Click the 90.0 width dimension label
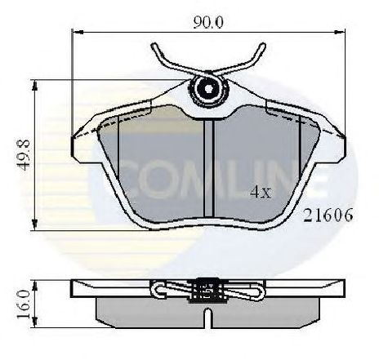(x=208, y=23)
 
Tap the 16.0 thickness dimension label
(x=23, y=304)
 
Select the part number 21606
(x=328, y=216)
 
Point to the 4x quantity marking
(x=261, y=192)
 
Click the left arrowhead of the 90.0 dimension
(x=78, y=33)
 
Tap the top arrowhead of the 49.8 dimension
(x=34, y=86)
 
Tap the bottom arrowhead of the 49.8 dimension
(x=34, y=224)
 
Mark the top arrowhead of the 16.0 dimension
(x=34, y=286)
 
